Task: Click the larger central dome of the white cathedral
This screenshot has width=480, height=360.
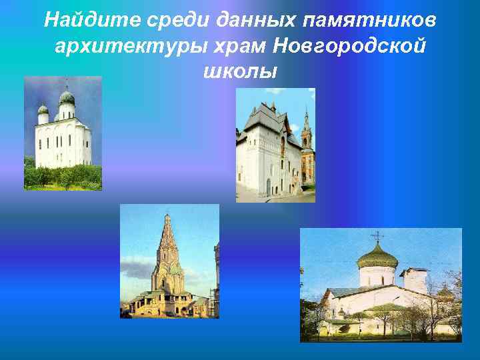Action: click(67, 98)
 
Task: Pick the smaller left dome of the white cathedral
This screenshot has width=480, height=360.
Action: click(43, 109)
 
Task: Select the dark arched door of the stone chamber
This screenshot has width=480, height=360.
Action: click(268, 186)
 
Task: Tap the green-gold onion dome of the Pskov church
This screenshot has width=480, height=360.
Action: click(377, 255)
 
